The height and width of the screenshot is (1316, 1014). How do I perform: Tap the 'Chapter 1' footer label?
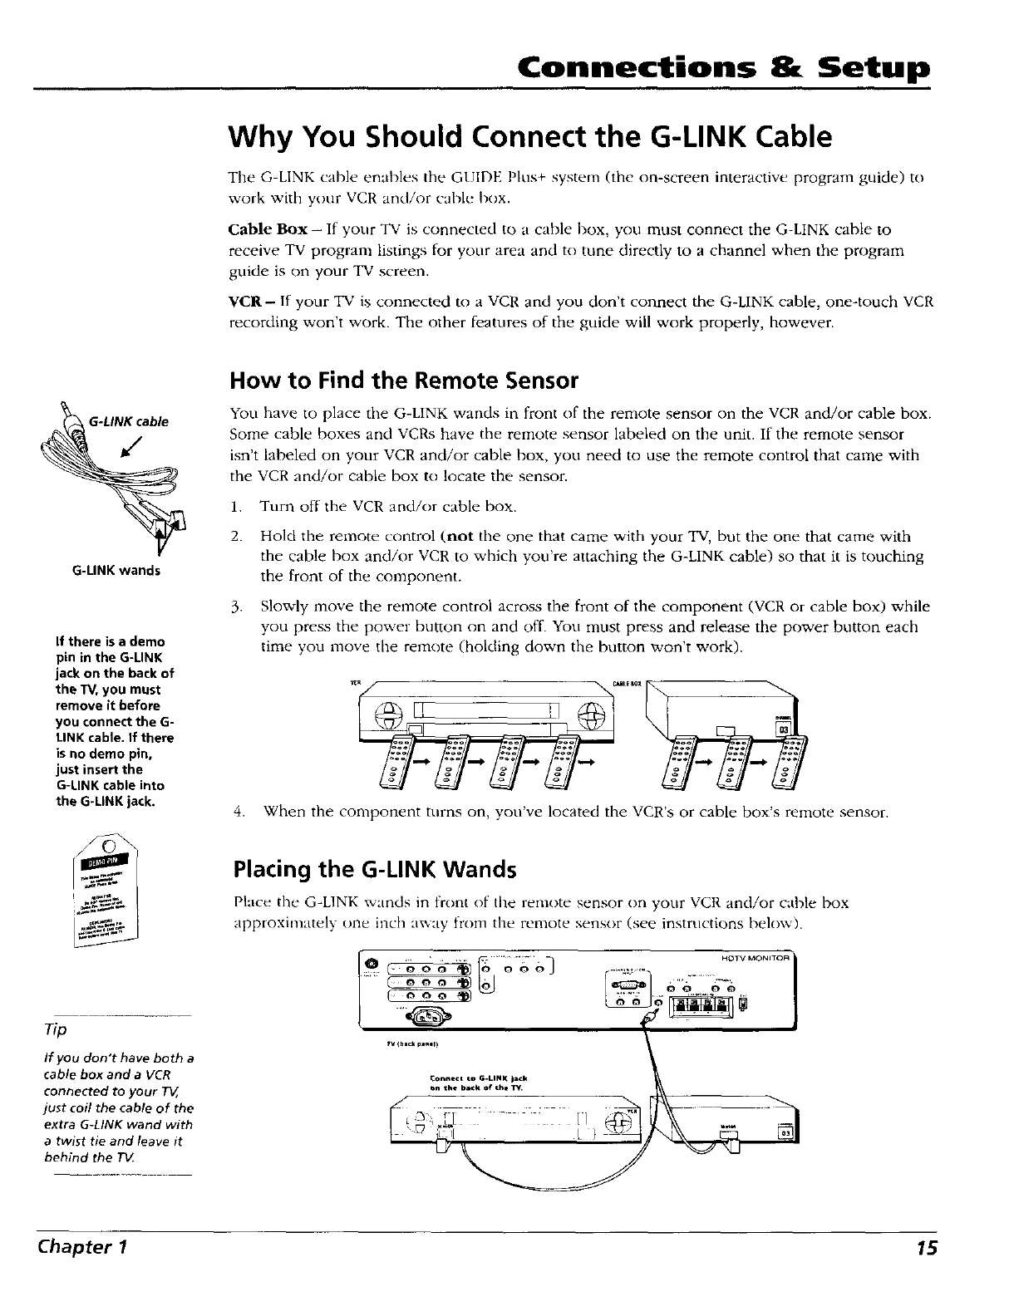(77, 1248)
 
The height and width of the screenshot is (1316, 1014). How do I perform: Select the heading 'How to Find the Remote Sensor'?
(403, 381)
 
